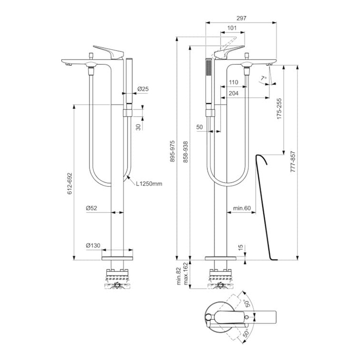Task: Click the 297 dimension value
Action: coord(241,19)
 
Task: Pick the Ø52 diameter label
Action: coord(92,208)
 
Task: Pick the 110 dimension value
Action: coord(233,82)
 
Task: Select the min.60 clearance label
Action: coord(241,208)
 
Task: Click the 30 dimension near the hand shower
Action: coord(137,127)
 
